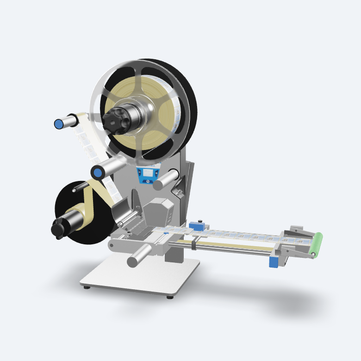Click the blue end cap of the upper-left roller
tap(59, 124)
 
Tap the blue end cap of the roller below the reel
tap(98, 173)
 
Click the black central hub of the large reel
tap(114, 118)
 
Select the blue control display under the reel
tap(148, 174)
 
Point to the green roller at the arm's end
tap(317, 245)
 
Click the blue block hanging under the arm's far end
tap(273, 262)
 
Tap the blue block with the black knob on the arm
tap(199, 226)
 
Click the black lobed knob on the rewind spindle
tap(58, 228)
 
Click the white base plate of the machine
tap(139, 278)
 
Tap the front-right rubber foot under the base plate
tap(170, 297)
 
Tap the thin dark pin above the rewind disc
tap(81, 187)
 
